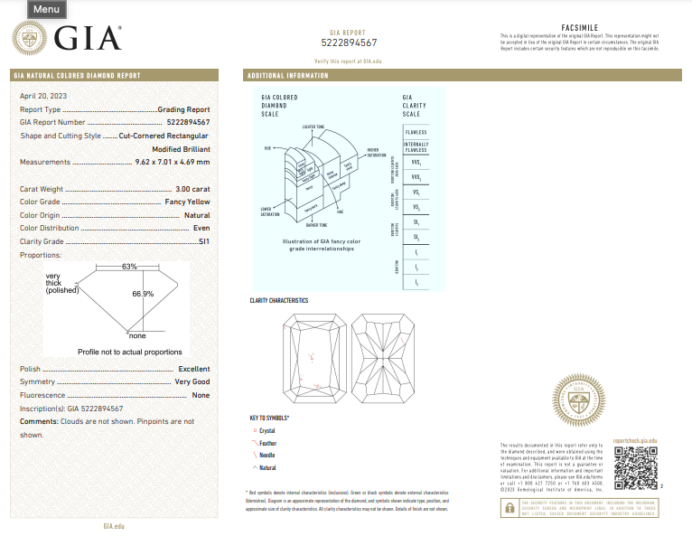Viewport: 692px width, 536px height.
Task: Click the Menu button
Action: coord(46,10)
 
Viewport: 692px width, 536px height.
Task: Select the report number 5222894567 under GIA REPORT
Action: coord(349,42)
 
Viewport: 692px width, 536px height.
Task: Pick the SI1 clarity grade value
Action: coord(202,241)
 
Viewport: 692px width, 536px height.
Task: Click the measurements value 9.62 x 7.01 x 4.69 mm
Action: coord(172,162)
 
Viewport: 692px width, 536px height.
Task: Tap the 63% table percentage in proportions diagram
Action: coord(129,267)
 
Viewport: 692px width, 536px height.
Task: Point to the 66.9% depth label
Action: coord(143,294)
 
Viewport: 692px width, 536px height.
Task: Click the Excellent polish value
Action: coord(193,369)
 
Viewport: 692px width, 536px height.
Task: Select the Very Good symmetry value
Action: coord(192,382)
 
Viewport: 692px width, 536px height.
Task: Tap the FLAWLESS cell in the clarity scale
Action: coord(416,132)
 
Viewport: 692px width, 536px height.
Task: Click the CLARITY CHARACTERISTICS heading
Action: coord(278,300)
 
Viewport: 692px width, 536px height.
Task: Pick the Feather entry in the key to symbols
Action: coord(267,444)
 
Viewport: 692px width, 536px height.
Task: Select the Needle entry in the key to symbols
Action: coord(267,456)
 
